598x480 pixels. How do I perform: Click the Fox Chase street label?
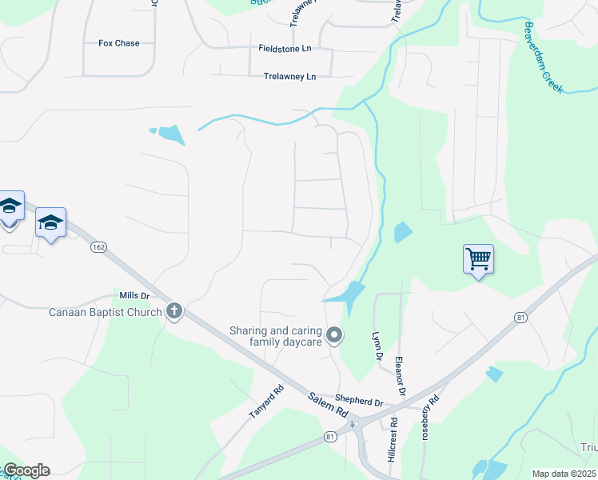[x=118, y=43]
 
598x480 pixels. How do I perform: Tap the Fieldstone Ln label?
[x=284, y=49]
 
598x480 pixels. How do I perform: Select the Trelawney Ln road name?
[x=289, y=77]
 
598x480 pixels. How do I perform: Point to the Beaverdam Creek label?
[x=544, y=58]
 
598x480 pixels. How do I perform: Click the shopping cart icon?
[x=478, y=259]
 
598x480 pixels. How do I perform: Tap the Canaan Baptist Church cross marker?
[x=174, y=312]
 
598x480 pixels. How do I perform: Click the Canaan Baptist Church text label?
[x=105, y=312]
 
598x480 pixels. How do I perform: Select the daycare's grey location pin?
[x=335, y=335]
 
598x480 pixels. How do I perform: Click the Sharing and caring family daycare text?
[x=276, y=336]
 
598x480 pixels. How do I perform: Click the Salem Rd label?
[x=329, y=406]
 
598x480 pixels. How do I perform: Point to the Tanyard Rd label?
[x=266, y=402]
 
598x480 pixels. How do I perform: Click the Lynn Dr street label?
[x=376, y=345]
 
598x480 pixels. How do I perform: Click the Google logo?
[x=26, y=470]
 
